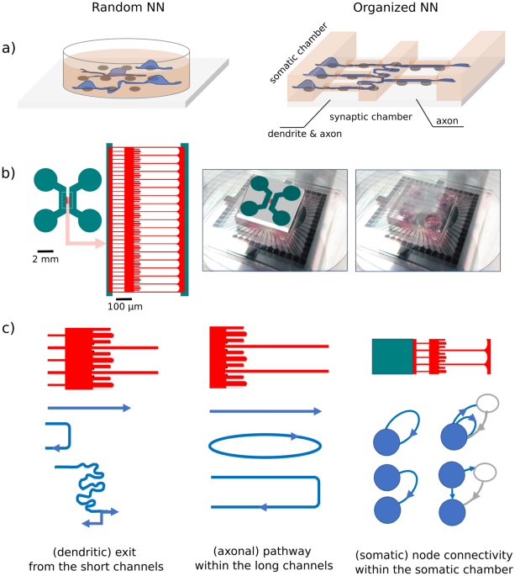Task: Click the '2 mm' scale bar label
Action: click(x=46, y=260)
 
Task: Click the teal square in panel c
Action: click(x=392, y=356)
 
